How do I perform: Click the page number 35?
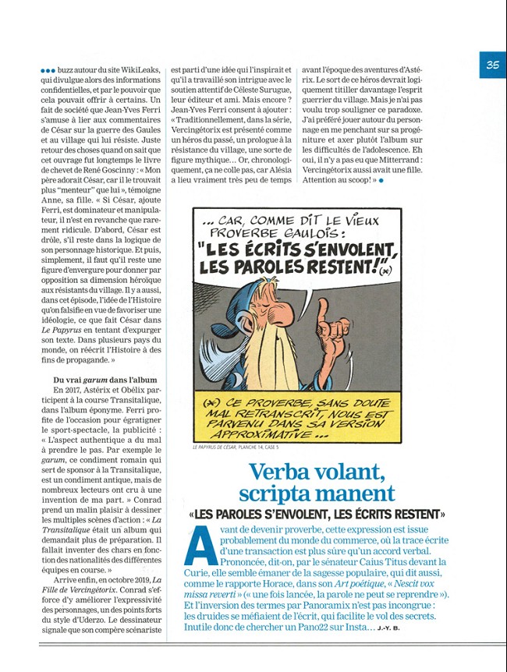coord(492,65)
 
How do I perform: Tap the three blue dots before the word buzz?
coord(48,70)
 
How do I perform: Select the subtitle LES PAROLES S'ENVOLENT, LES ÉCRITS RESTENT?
coord(317,515)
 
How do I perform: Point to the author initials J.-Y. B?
coord(388,628)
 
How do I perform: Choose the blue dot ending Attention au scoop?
coord(381,180)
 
